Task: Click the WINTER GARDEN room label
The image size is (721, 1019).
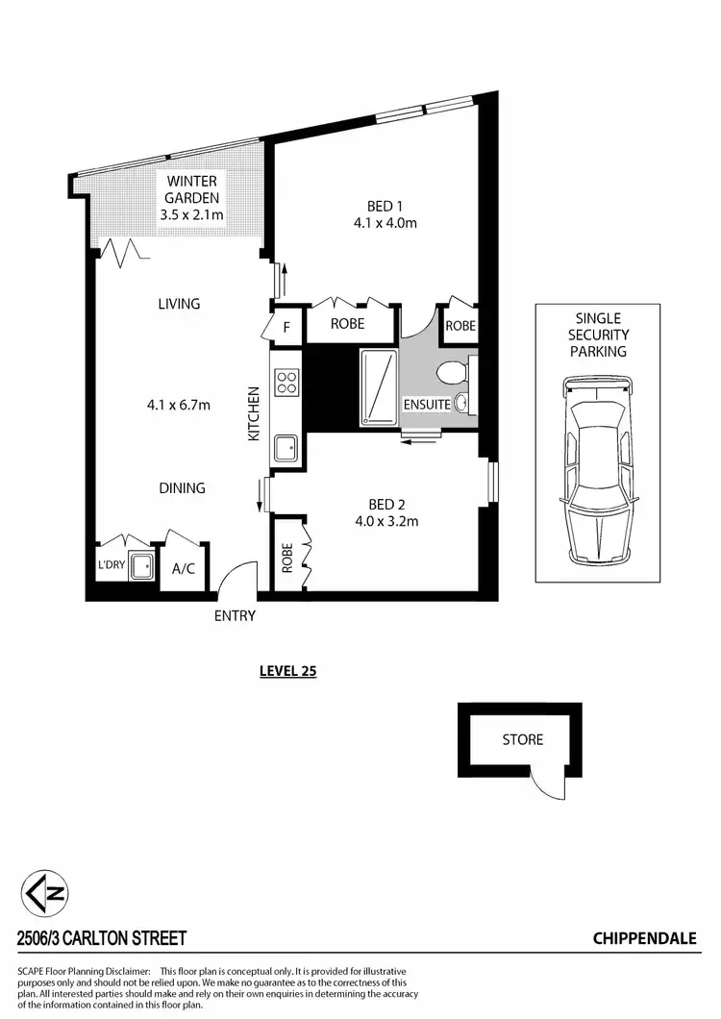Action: pyautogui.click(x=191, y=189)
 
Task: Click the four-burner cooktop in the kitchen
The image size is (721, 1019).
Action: pyautogui.click(x=286, y=384)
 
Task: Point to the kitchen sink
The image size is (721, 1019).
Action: pyautogui.click(x=286, y=447)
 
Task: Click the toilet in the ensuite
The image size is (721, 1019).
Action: pyautogui.click(x=449, y=373)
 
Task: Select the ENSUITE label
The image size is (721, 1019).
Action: pyautogui.click(x=427, y=405)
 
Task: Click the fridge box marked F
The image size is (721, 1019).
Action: pyautogui.click(x=286, y=326)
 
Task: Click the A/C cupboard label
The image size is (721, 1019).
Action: pyautogui.click(x=183, y=568)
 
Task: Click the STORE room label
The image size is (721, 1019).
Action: pyautogui.click(x=522, y=739)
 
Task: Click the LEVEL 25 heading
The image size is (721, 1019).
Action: pyautogui.click(x=287, y=671)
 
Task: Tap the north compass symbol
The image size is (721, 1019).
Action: pyautogui.click(x=46, y=894)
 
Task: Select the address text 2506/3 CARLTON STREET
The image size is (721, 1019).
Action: pyautogui.click(x=102, y=937)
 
